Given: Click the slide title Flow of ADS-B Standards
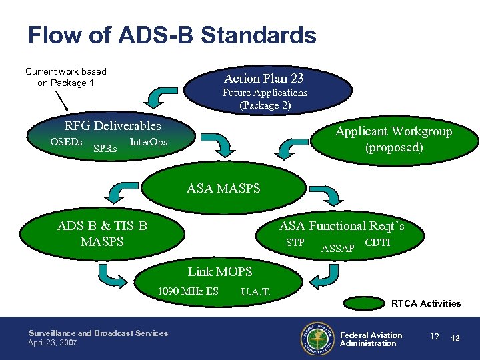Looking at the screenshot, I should point(172,35).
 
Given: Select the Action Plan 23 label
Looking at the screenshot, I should point(264,78).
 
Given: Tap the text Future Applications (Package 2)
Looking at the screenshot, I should point(265,99).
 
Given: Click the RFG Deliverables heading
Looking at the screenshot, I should point(113,125).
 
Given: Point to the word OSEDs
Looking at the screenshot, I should point(66,142).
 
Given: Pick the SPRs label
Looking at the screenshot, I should point(105,148).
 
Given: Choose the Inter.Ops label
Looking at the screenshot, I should point(148,142).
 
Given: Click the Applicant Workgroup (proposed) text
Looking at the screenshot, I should point(393,139).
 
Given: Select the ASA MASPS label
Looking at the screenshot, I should point(223,189).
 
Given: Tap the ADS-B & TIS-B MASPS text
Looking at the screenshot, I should point(102,233).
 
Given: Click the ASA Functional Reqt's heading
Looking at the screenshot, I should point(341,226).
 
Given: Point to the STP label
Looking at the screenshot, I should point(295,242).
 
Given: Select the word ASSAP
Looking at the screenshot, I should point(337,249).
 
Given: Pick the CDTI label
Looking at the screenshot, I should point(378,242).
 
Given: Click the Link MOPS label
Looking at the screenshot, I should point(220,271).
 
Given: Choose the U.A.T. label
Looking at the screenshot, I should point(255,291).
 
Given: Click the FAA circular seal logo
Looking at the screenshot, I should point(317,339).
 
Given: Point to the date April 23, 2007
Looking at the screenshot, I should point(53,343).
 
